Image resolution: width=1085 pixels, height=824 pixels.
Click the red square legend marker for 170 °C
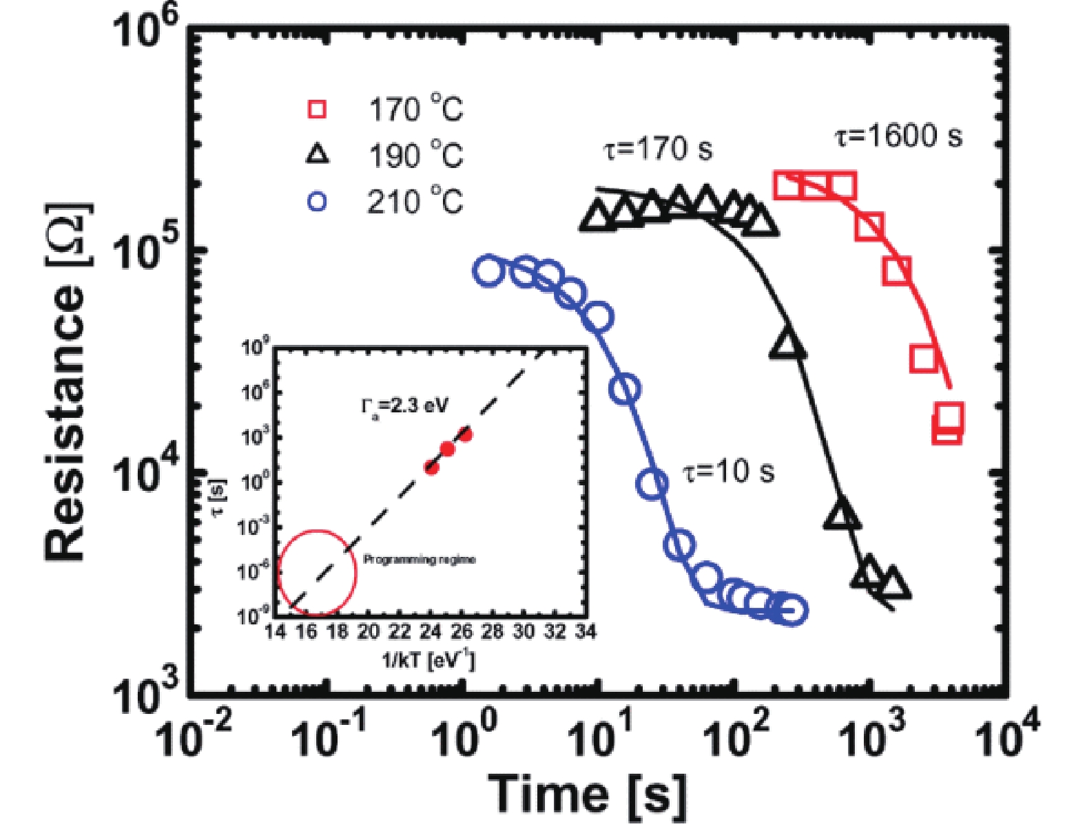[x=317, y=109]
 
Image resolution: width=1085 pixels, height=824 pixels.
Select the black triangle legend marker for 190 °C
[x=317, y=155]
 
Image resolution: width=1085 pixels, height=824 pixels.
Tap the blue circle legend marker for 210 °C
[x=317, y=202]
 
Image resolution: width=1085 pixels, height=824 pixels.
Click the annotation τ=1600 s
[x=898, y=136]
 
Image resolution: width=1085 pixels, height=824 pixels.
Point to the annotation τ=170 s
[x=658, y=149]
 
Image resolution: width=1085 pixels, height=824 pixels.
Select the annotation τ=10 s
[x=728, y=472]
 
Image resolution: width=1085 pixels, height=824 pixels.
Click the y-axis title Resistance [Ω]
[x=67, y=382]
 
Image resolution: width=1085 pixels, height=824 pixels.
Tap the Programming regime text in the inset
[x=419, y=560]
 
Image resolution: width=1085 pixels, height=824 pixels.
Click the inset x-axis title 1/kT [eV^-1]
[x=428, y=660]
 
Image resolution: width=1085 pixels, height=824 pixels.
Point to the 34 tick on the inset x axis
[x=585, y=631]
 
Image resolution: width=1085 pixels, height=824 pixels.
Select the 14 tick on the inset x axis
[x=276, y=631]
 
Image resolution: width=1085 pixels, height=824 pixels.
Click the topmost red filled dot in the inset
[x=465, y=434]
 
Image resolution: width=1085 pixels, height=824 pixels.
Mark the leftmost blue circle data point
[x=488, y=271]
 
